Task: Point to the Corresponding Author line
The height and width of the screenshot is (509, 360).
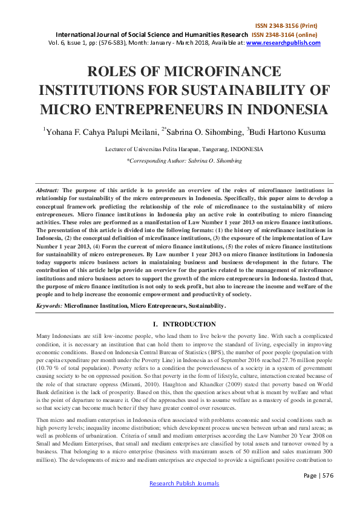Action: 180,161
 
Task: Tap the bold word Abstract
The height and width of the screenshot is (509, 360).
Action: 48,190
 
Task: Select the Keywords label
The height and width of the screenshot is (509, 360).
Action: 49,306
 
